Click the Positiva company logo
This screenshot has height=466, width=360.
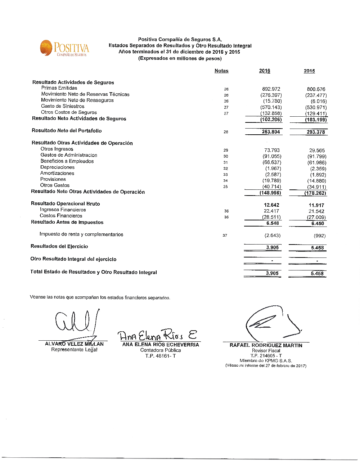[x=64, y=49]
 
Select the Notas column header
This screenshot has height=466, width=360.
[x=221, y=71]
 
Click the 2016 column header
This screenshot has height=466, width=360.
[x=265, y=71]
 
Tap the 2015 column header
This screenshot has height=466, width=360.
[x=309, y=71]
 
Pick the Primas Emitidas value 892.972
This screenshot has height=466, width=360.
[x=271, y=89]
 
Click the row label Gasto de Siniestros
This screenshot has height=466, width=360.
[x=63, y=106]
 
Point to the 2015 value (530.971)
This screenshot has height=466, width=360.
[x=316, y=107]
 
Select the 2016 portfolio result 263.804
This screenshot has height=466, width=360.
[x=271, y=132]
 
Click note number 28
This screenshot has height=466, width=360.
[x=226, y=132]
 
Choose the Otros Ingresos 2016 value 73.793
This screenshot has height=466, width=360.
[x=272, y=150]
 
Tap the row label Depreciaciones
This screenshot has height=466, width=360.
[x=57, y=167]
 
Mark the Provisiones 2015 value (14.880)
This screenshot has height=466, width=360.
[x=316, y=181]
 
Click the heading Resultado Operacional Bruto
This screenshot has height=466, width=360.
[x=66, y=204]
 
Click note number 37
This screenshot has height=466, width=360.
[x=225, y=236]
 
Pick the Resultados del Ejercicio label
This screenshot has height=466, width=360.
[x=59, y=246]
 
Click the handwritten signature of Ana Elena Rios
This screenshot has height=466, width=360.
[x=158, y=335]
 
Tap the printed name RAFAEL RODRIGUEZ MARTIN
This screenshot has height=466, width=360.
[x=266, y=345]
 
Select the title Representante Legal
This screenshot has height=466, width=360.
[x=74, y=350]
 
